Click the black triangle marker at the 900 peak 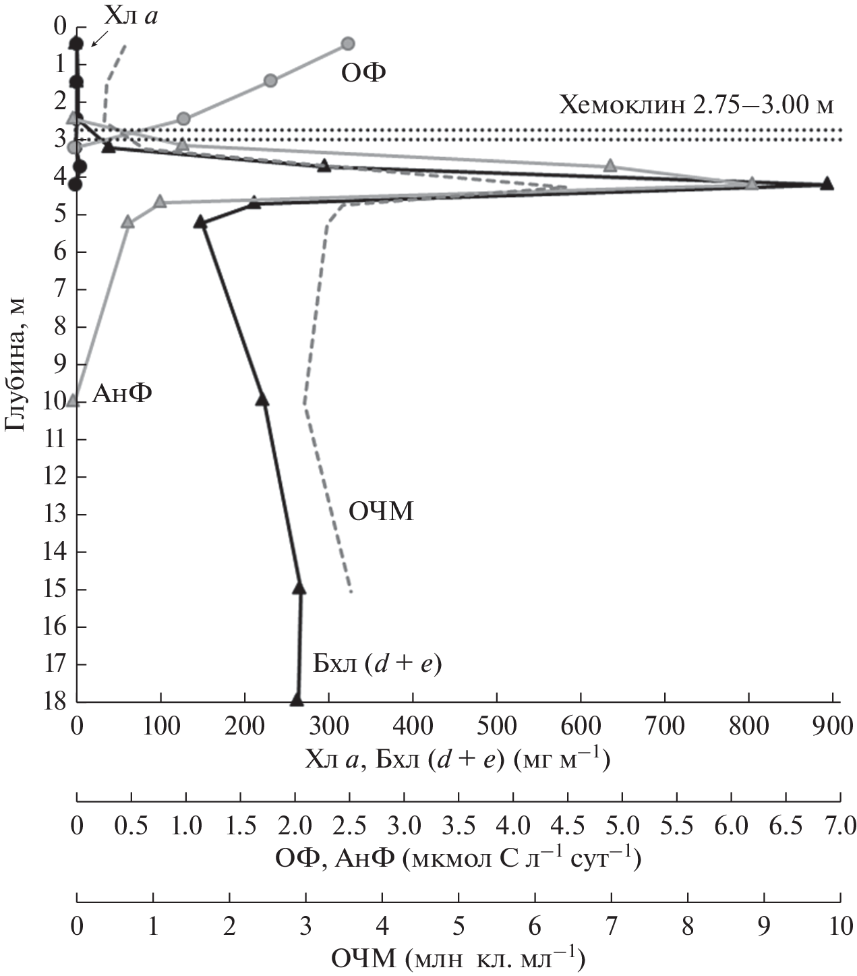827,184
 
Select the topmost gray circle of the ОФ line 347,43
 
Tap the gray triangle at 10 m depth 73,400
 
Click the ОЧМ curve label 380,513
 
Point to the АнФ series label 121,392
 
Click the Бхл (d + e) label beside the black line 376,665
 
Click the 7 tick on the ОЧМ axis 611,927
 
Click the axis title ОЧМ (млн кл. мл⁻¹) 459,958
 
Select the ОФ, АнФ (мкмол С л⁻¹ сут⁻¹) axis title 458,859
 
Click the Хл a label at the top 132,16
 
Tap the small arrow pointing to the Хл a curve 98,41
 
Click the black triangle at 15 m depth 299,588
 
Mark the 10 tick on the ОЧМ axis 839,927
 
